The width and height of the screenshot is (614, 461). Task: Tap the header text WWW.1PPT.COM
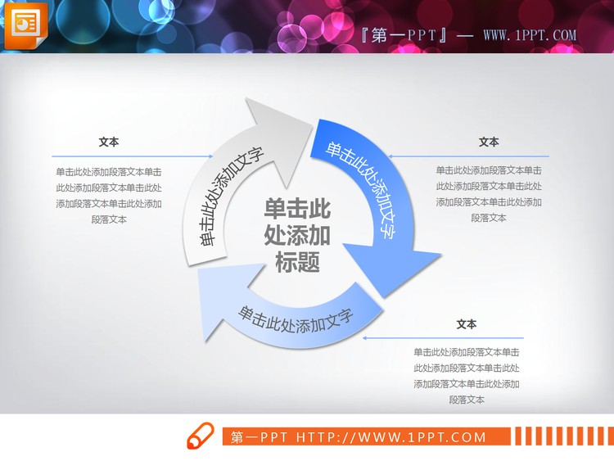pyautogui.click(x=530, y=36)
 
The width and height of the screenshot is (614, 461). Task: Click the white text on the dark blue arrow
pyautogui.click(x=361, y=189)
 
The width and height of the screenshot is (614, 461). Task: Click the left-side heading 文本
pyautogui.click(x=109, y=142)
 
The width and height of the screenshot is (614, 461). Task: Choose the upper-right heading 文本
pyautogui.click(x=489, y=142)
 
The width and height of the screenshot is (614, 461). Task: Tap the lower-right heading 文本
pyautogui.click(x=467, y=324)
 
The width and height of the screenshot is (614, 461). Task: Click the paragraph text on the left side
pyautogui.click(x=109, y=195)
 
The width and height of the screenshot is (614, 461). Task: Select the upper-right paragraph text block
pyautogui.click(x=489, y=194)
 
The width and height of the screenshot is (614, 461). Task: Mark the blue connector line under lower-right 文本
pyautogui.click(x=442, y=337)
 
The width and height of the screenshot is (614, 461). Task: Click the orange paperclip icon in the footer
pyautogui.click(x=201, y=436)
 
